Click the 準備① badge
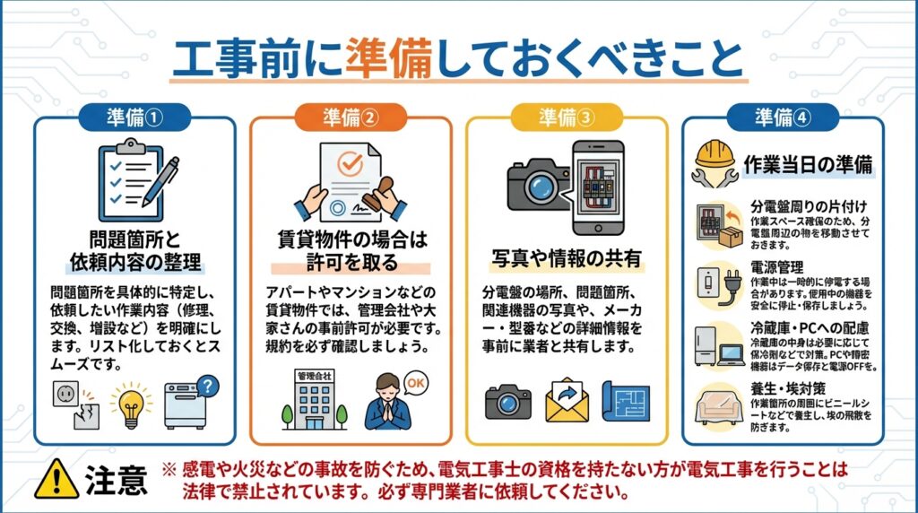[x=134, y=117]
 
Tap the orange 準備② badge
[x=351, y=117]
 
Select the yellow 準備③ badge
[x=567, y=117]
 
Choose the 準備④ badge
[x=783, y=117]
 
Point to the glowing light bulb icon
[x=131, y=404]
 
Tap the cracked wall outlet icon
[x=76, y=404]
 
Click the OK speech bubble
[x=416, y=384]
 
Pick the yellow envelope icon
[x=567, y=401]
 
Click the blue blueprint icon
[x=626, y=401]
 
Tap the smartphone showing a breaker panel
[x=598, y=187]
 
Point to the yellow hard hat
[x=714, y=153]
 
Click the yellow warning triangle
[x=56, y=479]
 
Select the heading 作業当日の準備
[x=808, y=164]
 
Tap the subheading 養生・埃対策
[x=788, y=388]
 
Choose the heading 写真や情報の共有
[x=567, y=258]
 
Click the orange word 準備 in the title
[x=389, y=58]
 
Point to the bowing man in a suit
[x=387, y=402]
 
